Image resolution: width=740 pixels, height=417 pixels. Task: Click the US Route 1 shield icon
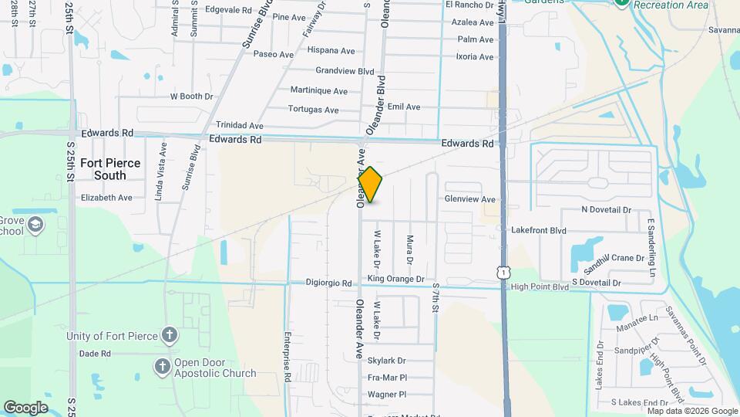pyautogui.click(x=503, y=273)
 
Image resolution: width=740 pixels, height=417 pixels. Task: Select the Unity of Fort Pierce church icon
pyautogui.click(x=170, y=335)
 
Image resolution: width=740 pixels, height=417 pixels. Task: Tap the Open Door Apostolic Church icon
pyautogui.click(x=163, y=366)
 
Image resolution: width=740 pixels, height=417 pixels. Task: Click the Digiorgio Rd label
pyautogui.click(x=328, y=283)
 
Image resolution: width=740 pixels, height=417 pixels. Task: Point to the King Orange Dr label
pyautogui.click(x=396, y=279)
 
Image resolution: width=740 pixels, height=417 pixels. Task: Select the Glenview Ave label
pyautogui.click(x=469, y=198)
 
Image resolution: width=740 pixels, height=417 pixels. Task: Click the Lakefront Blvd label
pyautogui.click(x=538, y=230)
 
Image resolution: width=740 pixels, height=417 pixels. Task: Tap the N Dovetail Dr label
pyautogui.click(x=606, y=210)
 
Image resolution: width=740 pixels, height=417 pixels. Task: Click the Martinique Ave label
pyautogui.click(x=318, y=91)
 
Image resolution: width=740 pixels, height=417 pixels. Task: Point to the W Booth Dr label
pyautogui.click(x=191, y=97)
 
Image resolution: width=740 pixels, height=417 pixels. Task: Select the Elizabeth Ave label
pyautogui.click(x=106, y=198)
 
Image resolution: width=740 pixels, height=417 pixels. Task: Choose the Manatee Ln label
pyautogui.click(x=637, y=317)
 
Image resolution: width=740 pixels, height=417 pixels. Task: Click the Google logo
pyautogui.click(x=25, y=407)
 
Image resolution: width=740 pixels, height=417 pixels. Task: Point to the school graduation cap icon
pyautogui.click(x=35, y=225)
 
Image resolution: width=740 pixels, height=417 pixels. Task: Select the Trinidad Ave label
pyautogui.click(x=240, y=125)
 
